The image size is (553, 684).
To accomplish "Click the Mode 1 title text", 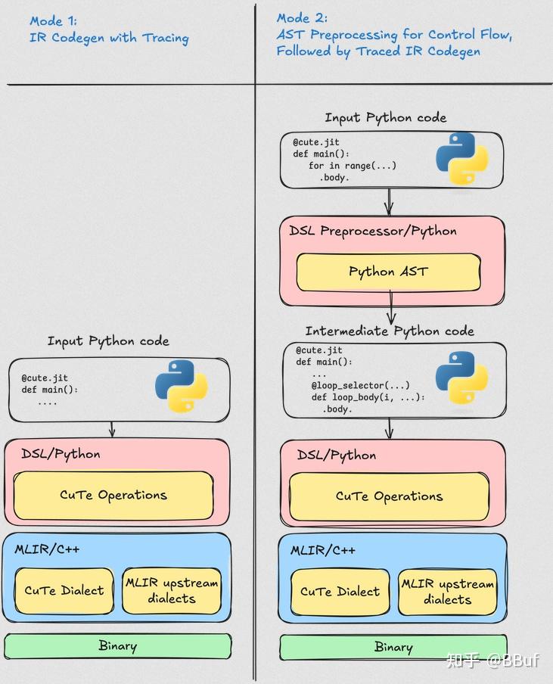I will pyautogui.click(x=109, y=30).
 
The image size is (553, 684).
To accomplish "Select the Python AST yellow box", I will pyautogui.click(x=388, y=272).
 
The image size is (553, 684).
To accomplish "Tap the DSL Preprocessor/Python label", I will pyautogui.click(x=373, y=231).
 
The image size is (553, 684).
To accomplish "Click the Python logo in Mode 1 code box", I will pyautogui.click(x=182, y=386).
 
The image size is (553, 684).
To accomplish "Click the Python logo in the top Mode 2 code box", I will pyautogui.click(x=461, y=159).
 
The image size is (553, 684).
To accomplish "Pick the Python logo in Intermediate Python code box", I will pyautogui.click(x=461, y=378).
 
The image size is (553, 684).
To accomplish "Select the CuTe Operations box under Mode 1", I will pyautogui.click(x=113, y=496).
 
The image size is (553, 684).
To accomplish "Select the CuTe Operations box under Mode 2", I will pyautogui.click(x=389, y=496).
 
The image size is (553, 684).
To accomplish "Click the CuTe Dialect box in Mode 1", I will pyautogui.click(x=64, y=590).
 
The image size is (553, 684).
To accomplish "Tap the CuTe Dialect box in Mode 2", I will pyautogui.click(x=340, y=592).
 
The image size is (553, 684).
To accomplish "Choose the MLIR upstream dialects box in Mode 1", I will pyautogui.click(x=172, y=591).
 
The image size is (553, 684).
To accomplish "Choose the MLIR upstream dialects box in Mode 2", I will pyautogui.click(x=447, y=592).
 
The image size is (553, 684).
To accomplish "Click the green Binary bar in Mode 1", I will pyautogui.click(x=117, y=646).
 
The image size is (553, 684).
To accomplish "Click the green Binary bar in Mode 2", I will pyautogui.click(x=393, y=647).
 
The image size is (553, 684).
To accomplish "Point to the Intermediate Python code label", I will pyautogui.click(x=390, y=331).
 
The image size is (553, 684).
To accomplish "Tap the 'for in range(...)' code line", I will pyautogui.click(x=353, y=166).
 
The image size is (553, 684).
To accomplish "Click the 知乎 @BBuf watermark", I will pyautogui.click(x=492, y=661).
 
